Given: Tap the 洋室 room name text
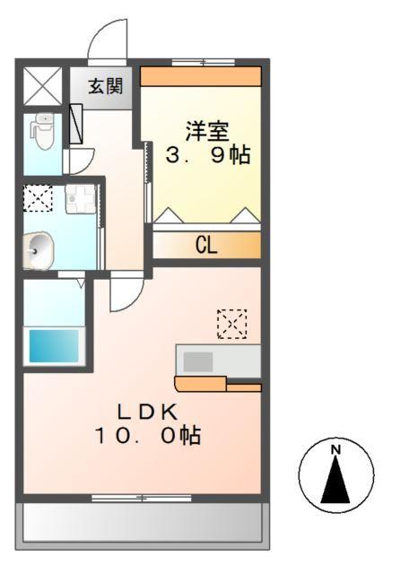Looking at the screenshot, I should (207, 129).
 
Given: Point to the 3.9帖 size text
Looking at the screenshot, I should (207, 154).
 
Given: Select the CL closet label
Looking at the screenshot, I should (207, 246).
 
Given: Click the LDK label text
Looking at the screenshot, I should (149, 412).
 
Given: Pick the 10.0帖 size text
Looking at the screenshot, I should (149, 437).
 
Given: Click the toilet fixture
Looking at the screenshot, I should (42, 131).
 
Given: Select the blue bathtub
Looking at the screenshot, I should (53, 345).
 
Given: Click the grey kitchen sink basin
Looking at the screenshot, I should (198, 361).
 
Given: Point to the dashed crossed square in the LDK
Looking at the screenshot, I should (231, 324).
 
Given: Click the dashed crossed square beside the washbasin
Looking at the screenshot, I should (38, 198).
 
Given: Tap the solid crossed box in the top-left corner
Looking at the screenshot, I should (41, 86).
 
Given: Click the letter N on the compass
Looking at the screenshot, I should (335, 450).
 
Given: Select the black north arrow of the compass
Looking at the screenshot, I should (335, 480).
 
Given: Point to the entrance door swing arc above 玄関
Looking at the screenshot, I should (106, 40).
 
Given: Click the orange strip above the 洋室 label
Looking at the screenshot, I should (201, 76).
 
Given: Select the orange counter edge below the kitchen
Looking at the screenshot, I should (218, 387).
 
